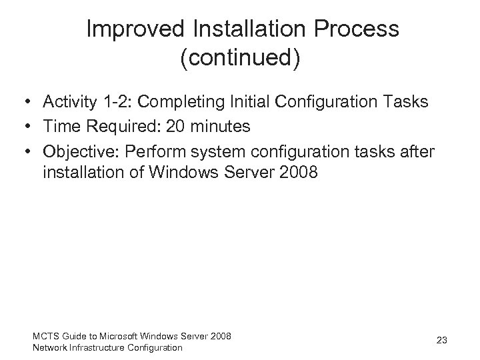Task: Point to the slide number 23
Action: click(x=441, y=340)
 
